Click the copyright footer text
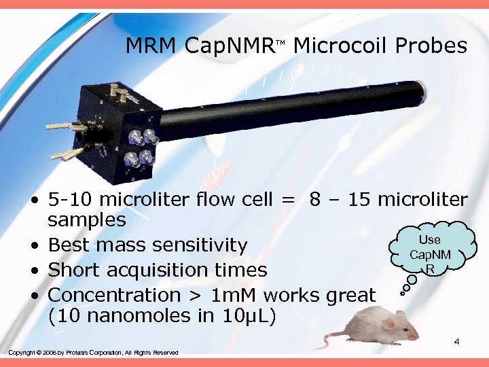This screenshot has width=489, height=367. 93,352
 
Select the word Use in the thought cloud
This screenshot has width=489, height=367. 429,240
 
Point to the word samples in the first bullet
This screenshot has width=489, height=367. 87,220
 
